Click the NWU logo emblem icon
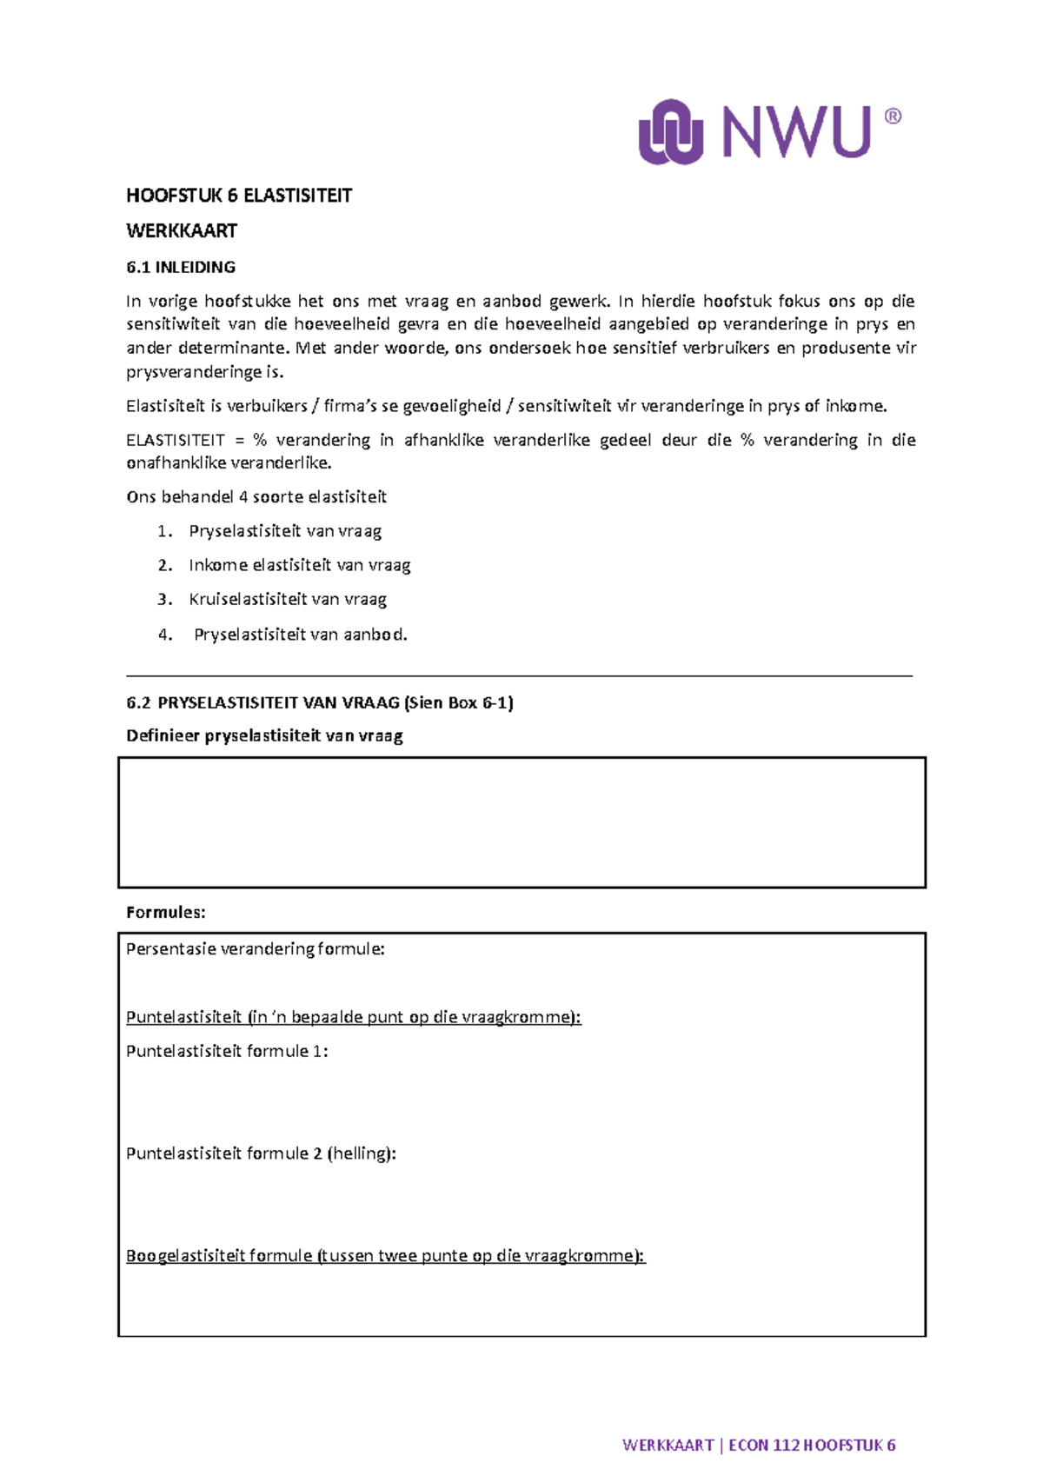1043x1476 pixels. coord(670,131)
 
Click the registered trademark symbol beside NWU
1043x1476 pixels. coord(893,116)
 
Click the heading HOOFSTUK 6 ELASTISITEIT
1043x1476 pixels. coord(239,196)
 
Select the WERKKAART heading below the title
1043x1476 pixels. coord(182,231)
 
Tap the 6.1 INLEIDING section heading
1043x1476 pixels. coord(181,267)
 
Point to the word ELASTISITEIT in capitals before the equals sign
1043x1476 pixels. coord(176,440)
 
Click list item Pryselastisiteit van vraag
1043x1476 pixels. coord(285,531)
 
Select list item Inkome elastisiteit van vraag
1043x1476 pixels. coord(299,565)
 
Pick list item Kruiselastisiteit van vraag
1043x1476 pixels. coord(288,599)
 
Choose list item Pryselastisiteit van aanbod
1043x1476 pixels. coord(300,635)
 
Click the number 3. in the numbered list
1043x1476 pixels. coord(165,599)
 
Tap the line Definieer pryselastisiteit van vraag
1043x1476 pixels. coord(264,736)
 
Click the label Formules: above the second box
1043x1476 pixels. coord(166,913)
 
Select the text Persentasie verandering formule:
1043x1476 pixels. coord(255,949)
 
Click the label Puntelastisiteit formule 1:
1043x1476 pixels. coord(227,1051)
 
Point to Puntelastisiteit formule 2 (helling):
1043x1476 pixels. coord(261,1154)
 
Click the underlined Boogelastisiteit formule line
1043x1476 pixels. coord(385,1256)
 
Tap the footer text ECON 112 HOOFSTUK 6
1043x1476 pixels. coord(812,1446)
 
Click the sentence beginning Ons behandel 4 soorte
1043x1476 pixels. coord(256,497)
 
